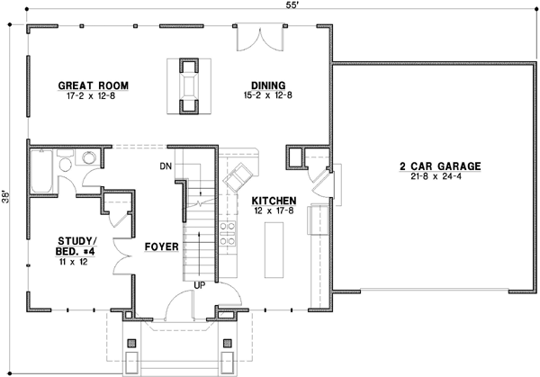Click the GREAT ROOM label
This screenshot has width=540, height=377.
click(94, 86)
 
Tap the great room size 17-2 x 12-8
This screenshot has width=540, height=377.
click(94, 97)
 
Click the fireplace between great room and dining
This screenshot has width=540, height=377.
click(188, 87)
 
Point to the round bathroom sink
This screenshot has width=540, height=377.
click(88, 158)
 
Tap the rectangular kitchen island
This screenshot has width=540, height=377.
click(274, 247)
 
